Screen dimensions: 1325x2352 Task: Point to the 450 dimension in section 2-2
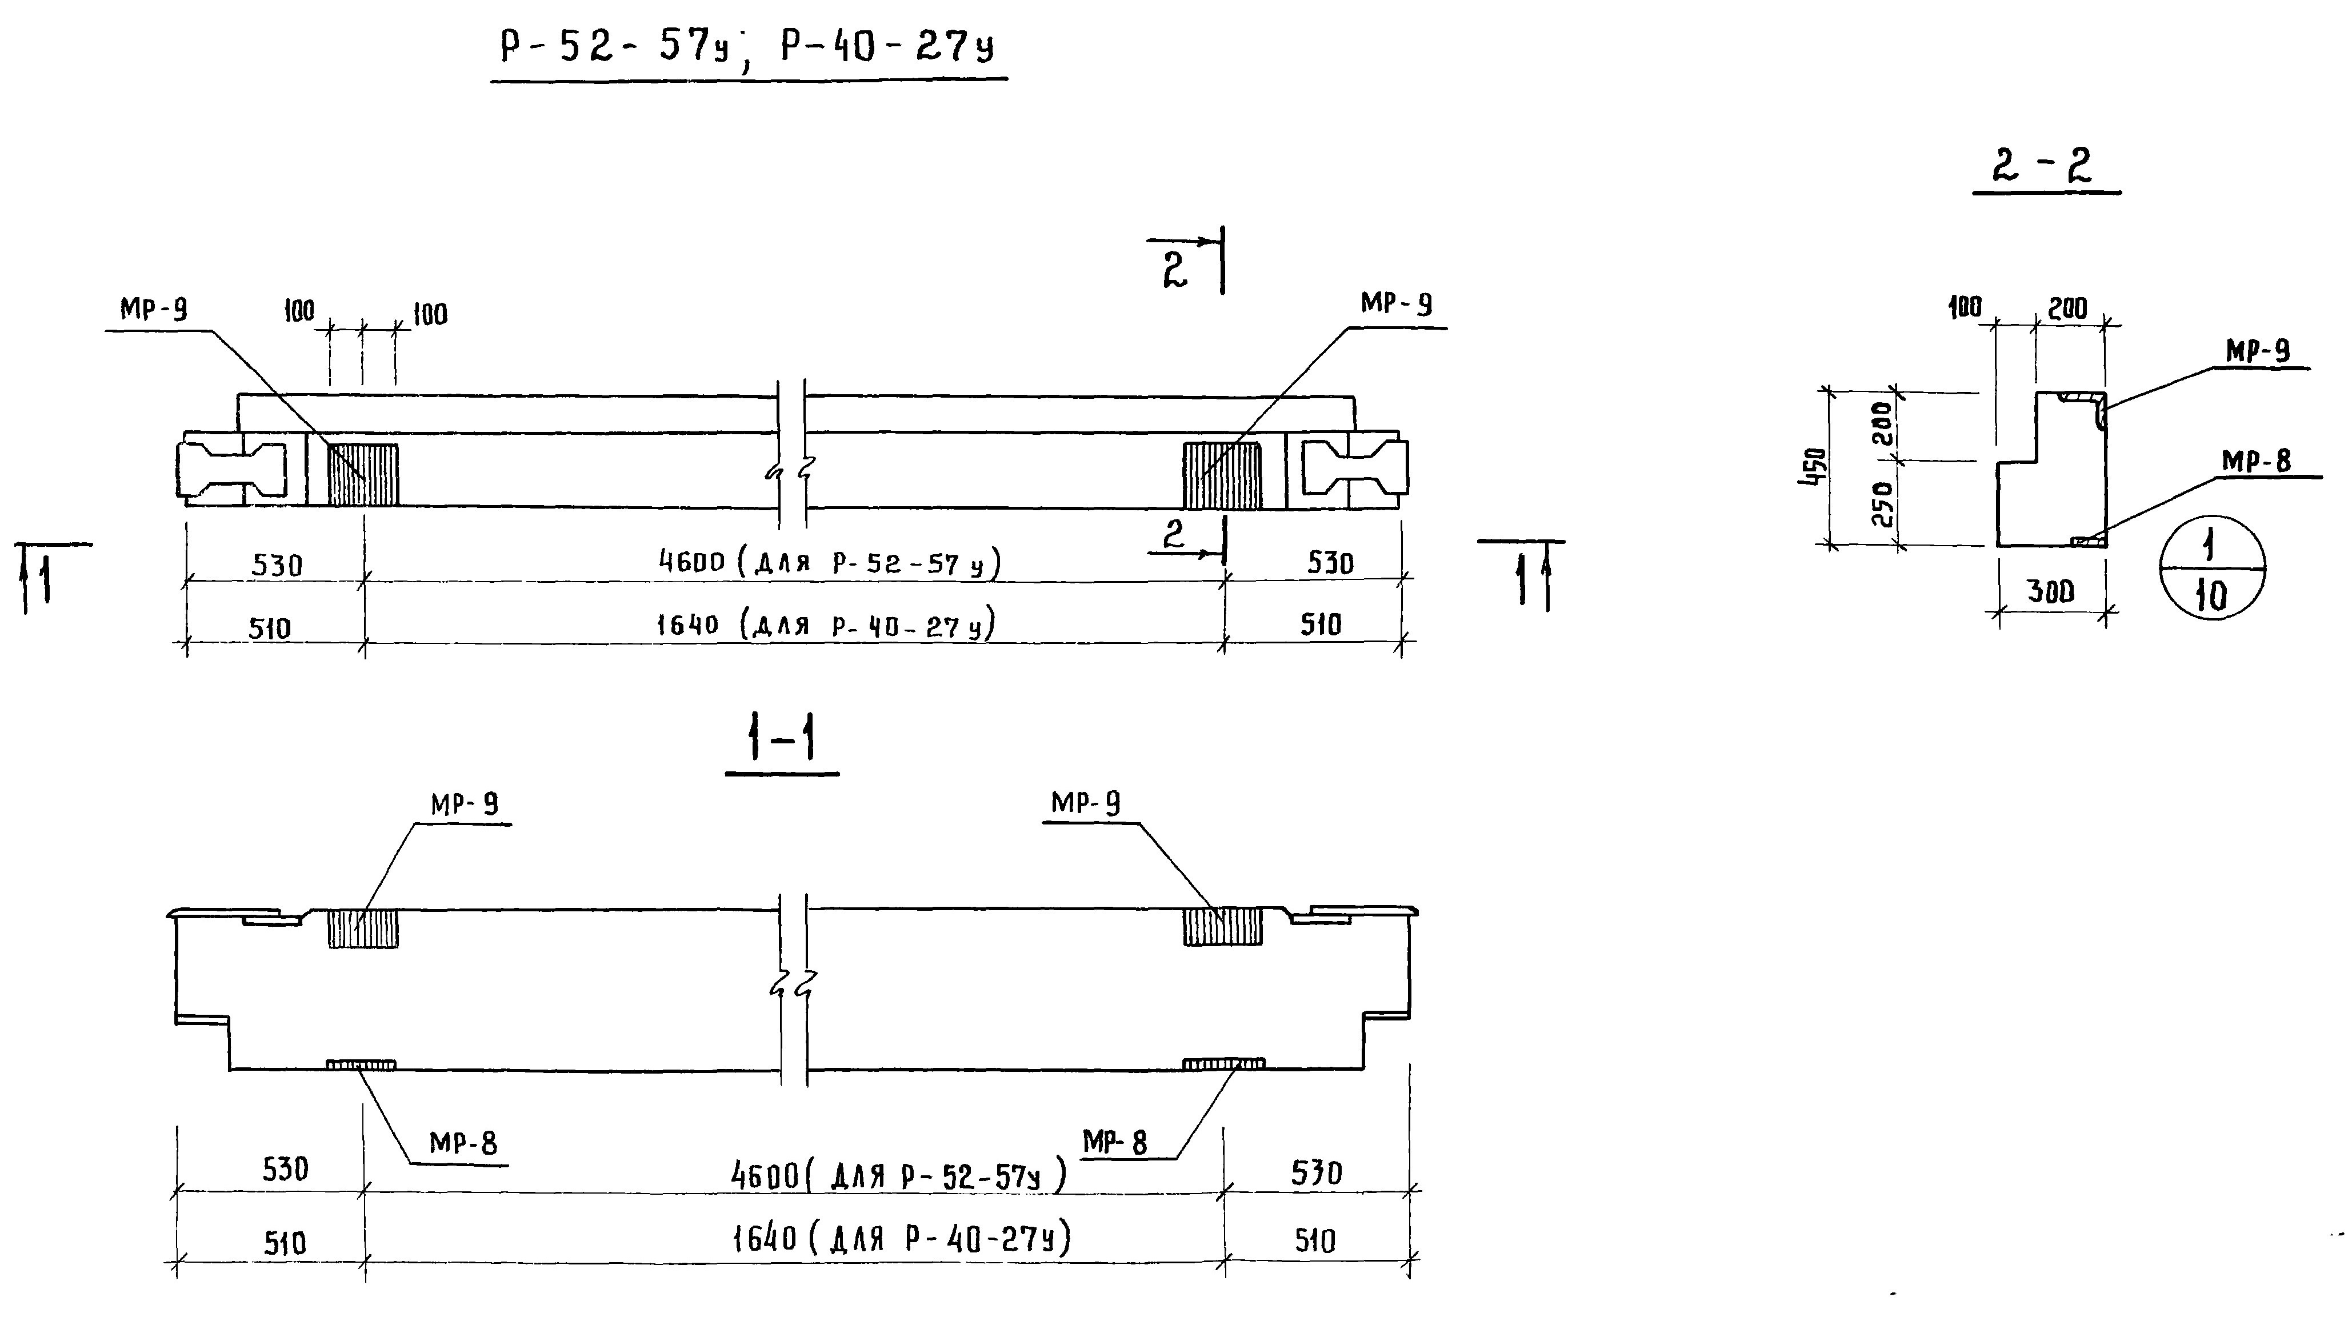pyautogui.click(x=1815, y=467)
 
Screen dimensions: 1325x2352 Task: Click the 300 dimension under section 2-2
pyautogui.click(x=2051, y=593)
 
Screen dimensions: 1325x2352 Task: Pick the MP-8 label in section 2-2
pyautogui.click(x=2255, y=461)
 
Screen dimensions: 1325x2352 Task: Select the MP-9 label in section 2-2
pyautogui.click(x=2257, y=351)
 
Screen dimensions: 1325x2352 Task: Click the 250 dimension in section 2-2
pyautogui.click(x=1881, y=503)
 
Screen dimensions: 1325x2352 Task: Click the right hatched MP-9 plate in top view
pyautogui.click(x=1222, y=475)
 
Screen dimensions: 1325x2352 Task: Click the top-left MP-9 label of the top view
pyautogui.click(x=153, y=310)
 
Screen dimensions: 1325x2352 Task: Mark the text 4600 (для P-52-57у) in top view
pyautogui.click(x=829, y=562)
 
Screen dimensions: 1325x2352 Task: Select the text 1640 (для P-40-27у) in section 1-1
pyautogui.click(x=901, y=1239)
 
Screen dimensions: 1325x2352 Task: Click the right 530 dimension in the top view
pyautogui.click(x=1329, y=562)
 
